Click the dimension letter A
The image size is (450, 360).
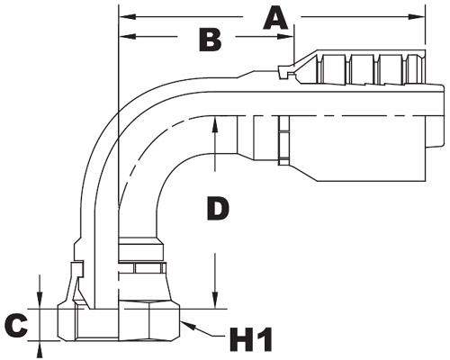click(275, 19)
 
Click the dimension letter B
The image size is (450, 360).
click(211, 40)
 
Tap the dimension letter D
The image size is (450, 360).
click(218, 208)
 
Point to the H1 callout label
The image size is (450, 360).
click(250, 339)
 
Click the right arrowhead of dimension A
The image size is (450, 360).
click(418, 17)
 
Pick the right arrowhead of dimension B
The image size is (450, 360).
click(285, 36)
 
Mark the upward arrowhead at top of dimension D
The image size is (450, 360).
click(215, 124)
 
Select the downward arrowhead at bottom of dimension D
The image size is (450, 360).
click(215, 301)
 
